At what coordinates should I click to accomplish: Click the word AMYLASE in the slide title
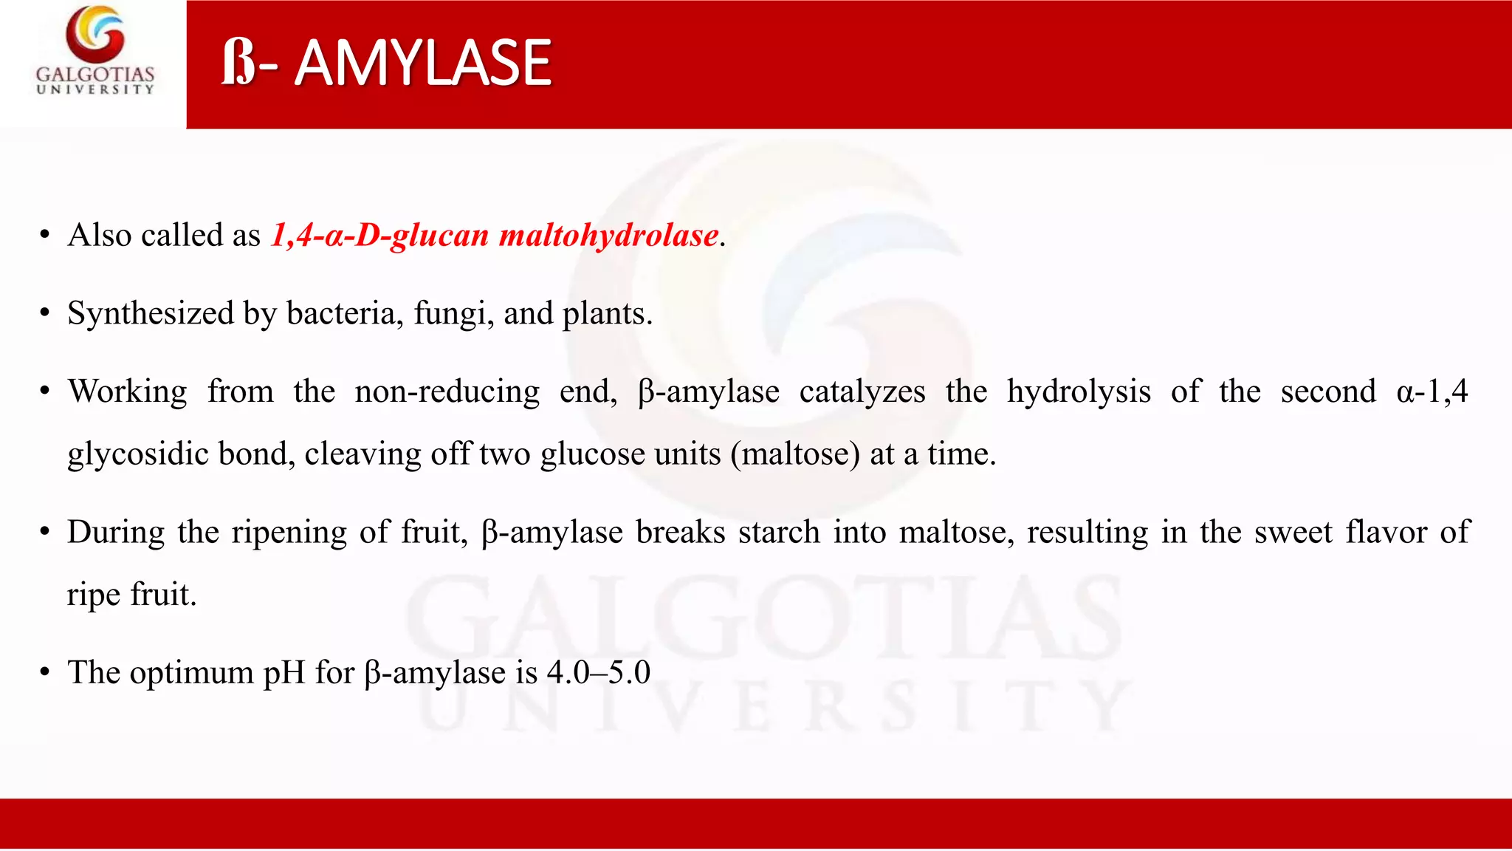click(423, 64)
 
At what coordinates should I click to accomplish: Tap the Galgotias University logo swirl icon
click(95, 34)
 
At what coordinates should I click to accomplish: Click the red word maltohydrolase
click(609, 236)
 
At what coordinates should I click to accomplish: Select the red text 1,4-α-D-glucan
click(380, 236)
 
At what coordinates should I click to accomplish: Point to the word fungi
click(453, 313)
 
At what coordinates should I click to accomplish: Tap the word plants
click(608, 313)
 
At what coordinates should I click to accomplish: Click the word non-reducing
click(447, 392)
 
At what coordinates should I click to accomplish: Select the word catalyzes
click(862, 392)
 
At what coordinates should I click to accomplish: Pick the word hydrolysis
click(1079, 392)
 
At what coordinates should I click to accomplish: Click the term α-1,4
click(1432, 392)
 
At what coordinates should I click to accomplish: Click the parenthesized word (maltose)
click(795, 454)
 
